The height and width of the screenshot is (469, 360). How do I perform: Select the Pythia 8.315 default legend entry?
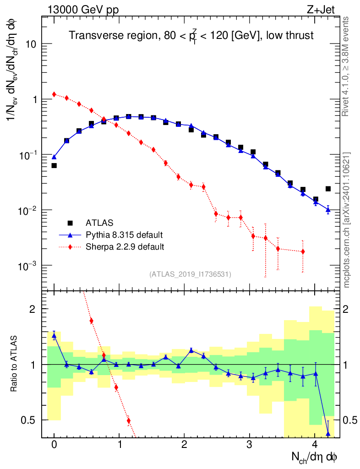(124, 235)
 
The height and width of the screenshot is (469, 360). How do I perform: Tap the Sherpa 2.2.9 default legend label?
(125, 247)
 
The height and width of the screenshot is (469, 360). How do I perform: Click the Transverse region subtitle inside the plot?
(191, 36)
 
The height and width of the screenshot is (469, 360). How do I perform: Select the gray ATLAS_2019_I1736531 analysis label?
(190, 274)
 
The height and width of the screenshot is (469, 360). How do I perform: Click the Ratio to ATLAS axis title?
(14, 364)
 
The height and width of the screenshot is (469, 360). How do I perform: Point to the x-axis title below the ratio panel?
(315, 457)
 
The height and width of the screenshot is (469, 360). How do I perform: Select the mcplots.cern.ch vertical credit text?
(347, 220)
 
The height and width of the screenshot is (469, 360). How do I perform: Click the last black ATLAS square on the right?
(328, 189)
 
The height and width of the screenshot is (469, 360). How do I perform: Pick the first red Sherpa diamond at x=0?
(54, 94)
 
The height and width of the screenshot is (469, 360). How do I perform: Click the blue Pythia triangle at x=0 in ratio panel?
(54, 336)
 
